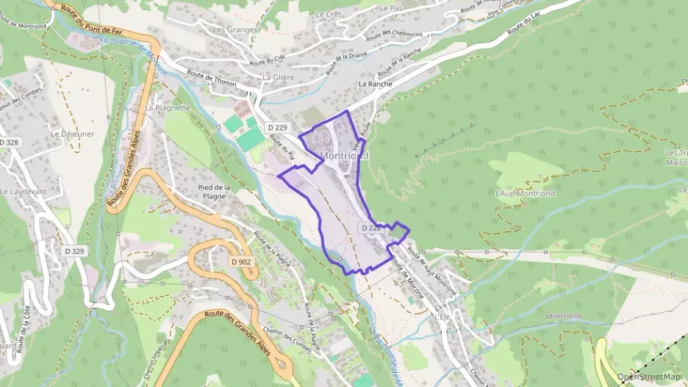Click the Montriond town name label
(x=344, y=156)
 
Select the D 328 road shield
(x=9, y=142)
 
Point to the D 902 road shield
(x=240, y=261)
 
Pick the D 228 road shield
(x=370, y=228)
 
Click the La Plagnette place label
(x=168, y=107)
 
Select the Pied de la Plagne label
(x=215, y=192)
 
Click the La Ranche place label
(x=376, y=84)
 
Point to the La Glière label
(x=279, y=77)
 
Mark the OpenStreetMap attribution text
(x=648, y=377)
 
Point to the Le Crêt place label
(x=328, y=14)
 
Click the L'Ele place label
(x=441, y=316)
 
